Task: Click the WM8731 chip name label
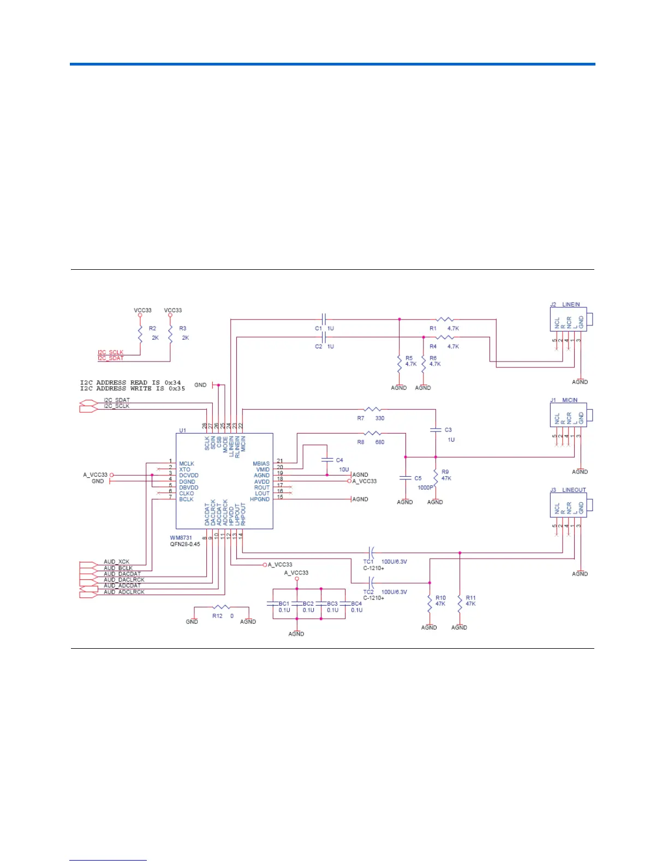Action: pyautogui.click(x=181, y=538)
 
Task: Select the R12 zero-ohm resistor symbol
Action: pyautogui.click(x=222, y=607)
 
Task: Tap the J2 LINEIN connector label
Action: pyautogui.click(x=565, y=305)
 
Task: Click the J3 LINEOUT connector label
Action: pyautogui.click(x=568, y=490)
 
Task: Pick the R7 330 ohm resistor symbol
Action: pyautogui.click(x=373, y=409)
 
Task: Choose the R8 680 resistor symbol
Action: pyautogui.click(x=373, y=434)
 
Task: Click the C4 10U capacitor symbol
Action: pyautogui.click(x=327, y=460)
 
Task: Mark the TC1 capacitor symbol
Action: pyautogui.click(x=371, y=553)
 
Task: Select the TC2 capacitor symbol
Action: pyautogui.click(x=371, y=583)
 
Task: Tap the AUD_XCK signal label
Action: pyautogui.click(x=117, y=562)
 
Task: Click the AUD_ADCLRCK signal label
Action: pyautogui.click(x=124, y=592)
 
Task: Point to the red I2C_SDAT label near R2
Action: pyautogui.click(x=111, y=358)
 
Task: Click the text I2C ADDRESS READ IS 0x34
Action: pyautogui.click(x=130, y=383)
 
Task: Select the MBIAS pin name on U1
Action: pyautogui.click(x=261, y=464)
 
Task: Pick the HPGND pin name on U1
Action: pyautogui.click(x=260, y=499)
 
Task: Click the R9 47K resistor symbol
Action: pyautogui.click(x=436, y=476)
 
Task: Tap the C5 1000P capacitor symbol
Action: pyautogui.click(x=405, y=478)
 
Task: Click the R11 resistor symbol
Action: pyautogui.click(x=460, y=603)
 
